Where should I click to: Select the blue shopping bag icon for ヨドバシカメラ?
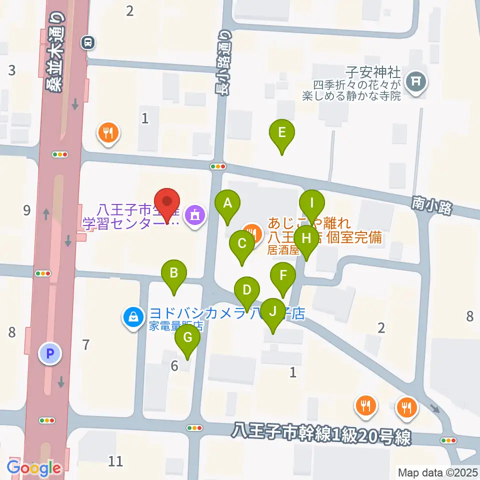click(133, 316)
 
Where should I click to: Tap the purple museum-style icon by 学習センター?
click(193, 215)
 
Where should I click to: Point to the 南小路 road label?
click(432, 205)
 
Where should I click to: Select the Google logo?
click(34, 468)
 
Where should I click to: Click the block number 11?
click(115, 460)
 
